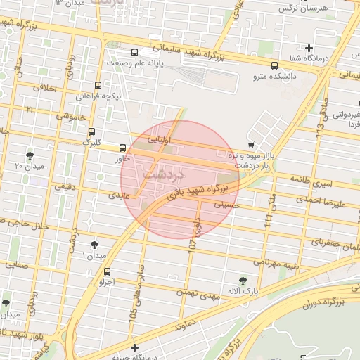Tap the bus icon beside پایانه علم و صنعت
134,51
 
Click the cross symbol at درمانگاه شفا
308,48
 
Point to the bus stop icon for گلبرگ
91,131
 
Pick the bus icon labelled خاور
123,148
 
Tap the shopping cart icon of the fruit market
251,144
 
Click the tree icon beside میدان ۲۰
29,155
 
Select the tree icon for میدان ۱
94,245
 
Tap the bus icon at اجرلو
107,271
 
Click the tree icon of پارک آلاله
243,280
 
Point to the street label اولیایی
159,138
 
